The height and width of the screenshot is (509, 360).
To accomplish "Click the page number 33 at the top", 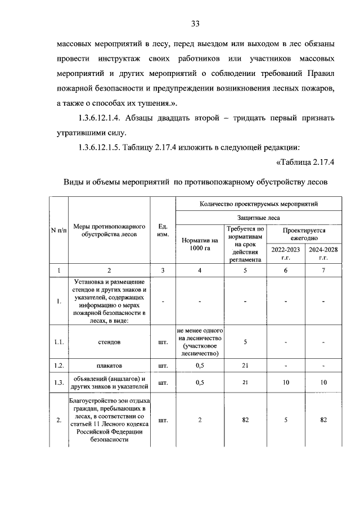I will tap(195, 24).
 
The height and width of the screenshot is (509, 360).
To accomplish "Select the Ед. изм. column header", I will tap(163, 231).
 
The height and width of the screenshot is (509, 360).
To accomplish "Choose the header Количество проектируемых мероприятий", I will tap(259, 204).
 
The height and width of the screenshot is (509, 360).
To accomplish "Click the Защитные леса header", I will tap(259, 217).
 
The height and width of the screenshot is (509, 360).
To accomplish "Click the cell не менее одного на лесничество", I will tap(200, 341).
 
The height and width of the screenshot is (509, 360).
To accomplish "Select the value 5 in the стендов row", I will tap(245, 341).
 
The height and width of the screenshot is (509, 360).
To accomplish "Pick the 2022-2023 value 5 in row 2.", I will tap(286, 420).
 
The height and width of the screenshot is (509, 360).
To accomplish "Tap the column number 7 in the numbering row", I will tap(323, 271).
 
